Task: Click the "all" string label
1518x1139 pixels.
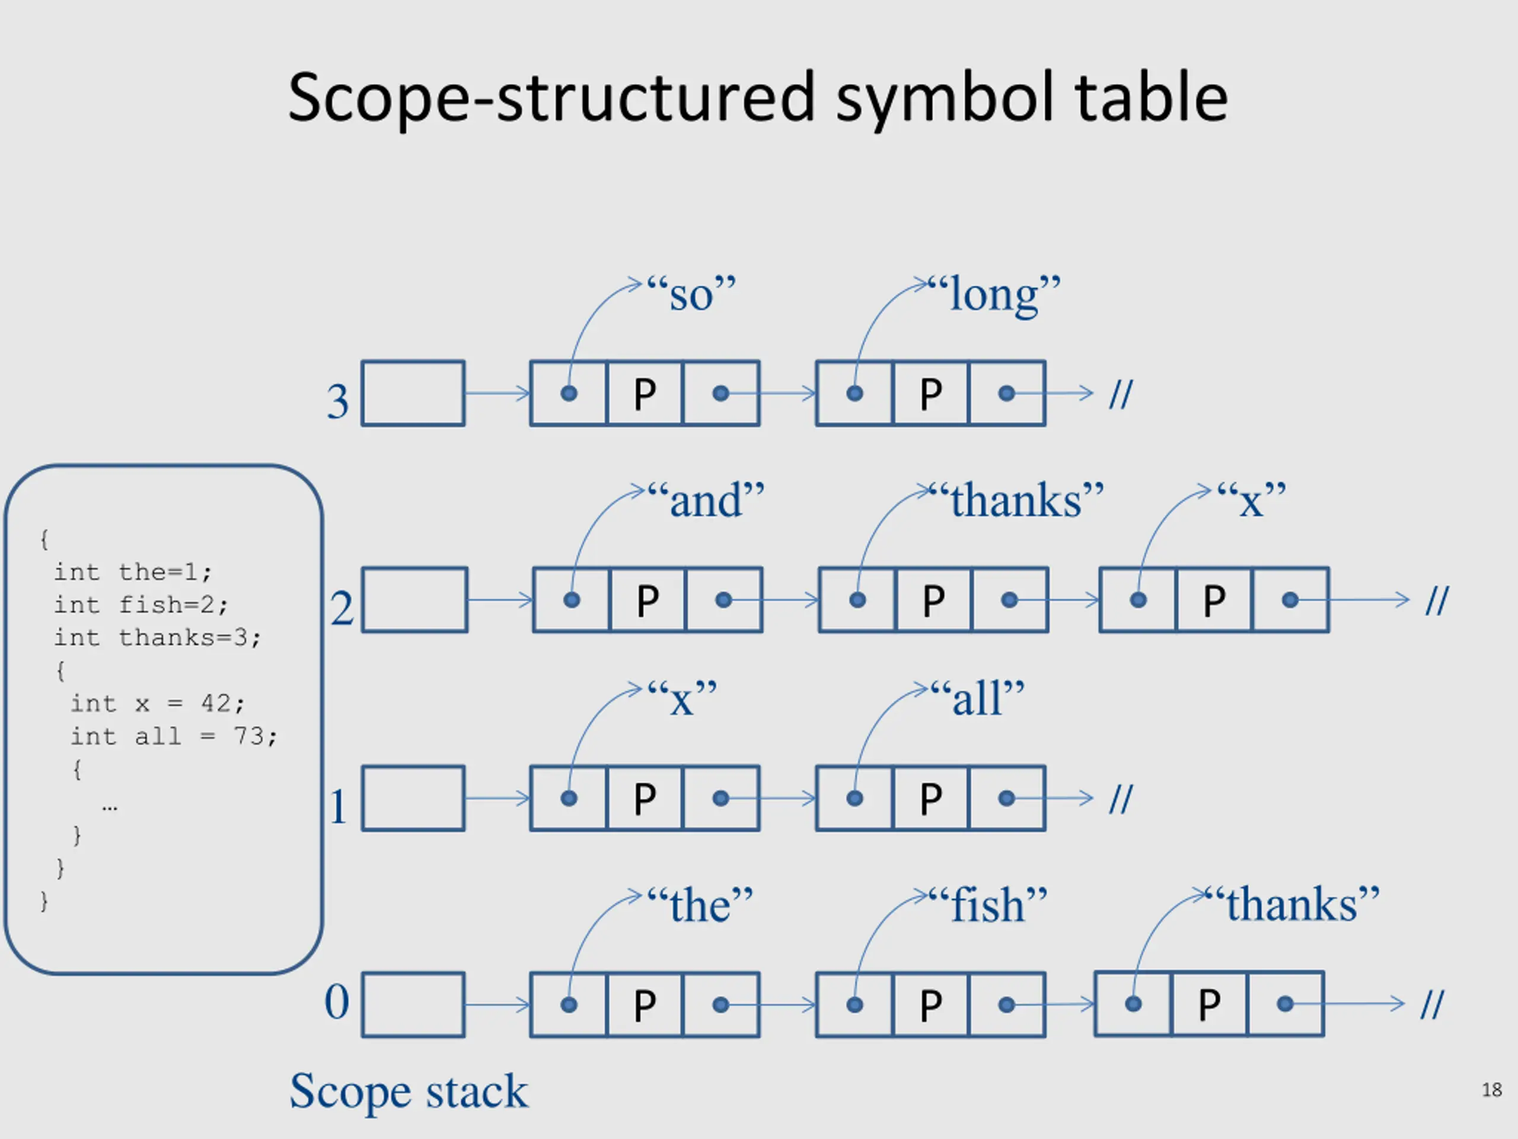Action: [x=977, y=699]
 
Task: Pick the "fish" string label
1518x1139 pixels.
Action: [x=989, y=905]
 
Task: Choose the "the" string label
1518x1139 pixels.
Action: [x=700, y=905]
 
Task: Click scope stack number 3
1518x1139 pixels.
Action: [x=337, y=401]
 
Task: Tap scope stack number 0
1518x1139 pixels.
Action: [x=336, y=1003]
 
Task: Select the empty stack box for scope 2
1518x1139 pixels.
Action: [x=414, y=599]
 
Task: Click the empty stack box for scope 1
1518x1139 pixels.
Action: [x=413, y=798]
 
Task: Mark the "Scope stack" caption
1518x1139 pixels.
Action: [x=409, y=1091]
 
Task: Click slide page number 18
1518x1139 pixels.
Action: [x=1491, y=1090]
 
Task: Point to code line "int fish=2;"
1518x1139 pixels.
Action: [x=141, y=605]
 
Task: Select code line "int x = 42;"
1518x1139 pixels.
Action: [x=157, y=703]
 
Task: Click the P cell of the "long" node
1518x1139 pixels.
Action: [x=930, y=394]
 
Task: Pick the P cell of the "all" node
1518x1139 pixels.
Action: [x=930, y=798]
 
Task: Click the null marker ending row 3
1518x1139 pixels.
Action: [x=1121, y=394]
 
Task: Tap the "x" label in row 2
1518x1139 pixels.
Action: [x=1251, y=501]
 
